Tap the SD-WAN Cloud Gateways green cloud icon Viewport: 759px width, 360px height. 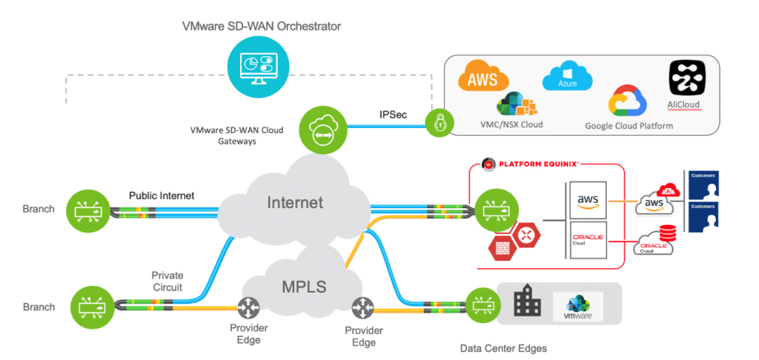pos(320,128)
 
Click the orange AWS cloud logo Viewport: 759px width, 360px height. pos(483,79)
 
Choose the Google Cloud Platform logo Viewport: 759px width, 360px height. pos(629,102)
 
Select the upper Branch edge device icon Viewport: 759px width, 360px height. pos(87,209)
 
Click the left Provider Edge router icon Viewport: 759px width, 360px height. pos(247,307)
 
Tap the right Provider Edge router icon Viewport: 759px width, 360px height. pos(362,307)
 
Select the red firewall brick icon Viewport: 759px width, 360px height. pos(500,248)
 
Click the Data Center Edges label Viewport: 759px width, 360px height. pos(504,347)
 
